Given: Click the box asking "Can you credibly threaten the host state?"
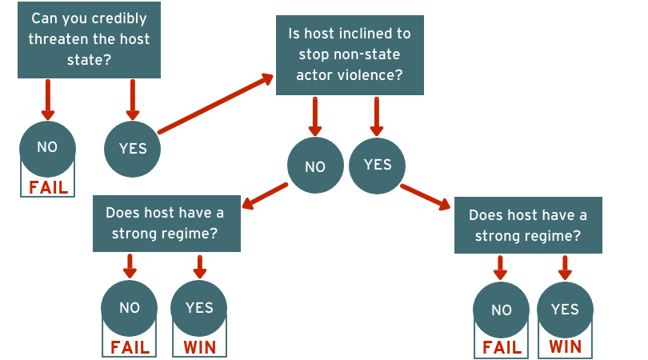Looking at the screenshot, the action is coord(89,40).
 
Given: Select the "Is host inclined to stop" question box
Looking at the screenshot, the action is coord(350,55).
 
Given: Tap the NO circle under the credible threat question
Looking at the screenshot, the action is coord(47,148).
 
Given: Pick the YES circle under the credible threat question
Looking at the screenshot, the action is coord(132,149).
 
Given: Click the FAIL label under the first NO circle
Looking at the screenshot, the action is coord(48,188).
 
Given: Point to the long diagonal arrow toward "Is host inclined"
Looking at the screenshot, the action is coord(215,104).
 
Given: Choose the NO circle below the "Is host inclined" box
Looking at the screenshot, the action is coord(315,166).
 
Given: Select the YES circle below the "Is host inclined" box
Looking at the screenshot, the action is coord(377,166).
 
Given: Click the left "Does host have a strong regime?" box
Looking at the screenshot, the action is coord(166,224).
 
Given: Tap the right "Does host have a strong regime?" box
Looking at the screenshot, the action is coord(528,226).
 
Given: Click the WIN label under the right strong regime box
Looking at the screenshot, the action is coord(566,346).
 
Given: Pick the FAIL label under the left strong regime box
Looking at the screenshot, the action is coord(130,348).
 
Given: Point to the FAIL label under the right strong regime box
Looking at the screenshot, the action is coord(502,348).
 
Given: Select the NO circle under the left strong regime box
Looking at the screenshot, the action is coord(130,308).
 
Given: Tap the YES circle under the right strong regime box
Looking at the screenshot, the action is coord(565,310).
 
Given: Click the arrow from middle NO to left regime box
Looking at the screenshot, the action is coord(265,195).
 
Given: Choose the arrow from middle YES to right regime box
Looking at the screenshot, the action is coord(426,197).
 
